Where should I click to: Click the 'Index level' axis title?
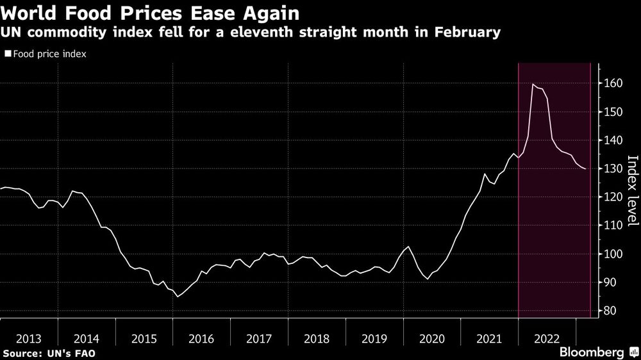(632, 190)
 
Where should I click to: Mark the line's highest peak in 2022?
(533, 84)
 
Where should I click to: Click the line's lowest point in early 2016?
(178, 297)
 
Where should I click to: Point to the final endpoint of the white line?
(585, 168)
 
